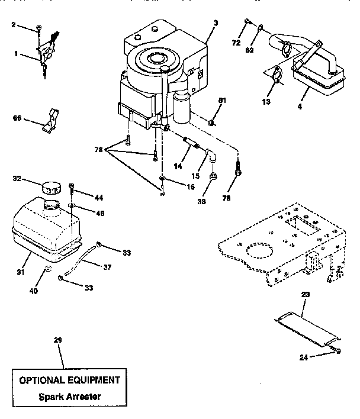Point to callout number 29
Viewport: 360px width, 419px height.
pos(57,340)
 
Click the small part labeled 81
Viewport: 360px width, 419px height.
pos(211,124)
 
